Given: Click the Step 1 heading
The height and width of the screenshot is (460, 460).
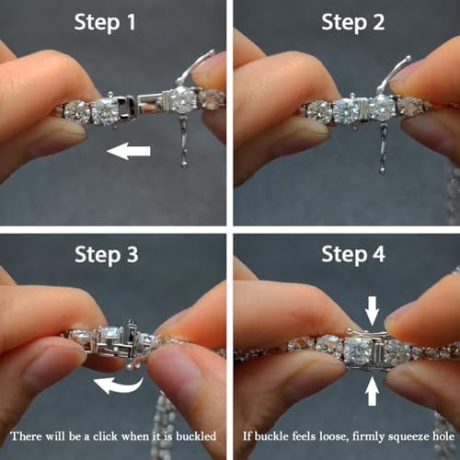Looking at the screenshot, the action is (x=105, y=23).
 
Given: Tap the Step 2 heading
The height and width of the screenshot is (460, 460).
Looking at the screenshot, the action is (x=352, y=23).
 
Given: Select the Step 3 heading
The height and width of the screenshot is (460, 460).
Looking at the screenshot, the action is (x=107, y=255).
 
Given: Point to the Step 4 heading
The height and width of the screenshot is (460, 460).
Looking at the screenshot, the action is (x=353, y=255).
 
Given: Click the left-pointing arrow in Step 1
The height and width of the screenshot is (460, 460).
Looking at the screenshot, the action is (x=128, y=151).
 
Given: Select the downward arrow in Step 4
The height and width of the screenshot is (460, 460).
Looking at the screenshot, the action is (x=372, y=310).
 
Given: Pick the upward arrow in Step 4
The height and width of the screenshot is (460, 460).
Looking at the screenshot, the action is (x=372, y=391).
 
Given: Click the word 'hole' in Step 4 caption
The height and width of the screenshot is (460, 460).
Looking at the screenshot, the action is (x=443, y=436).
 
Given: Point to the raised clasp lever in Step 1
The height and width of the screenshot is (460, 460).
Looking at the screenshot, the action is (x=193, y=68).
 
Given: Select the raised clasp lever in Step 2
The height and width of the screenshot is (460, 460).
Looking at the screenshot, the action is (x=393, y=75).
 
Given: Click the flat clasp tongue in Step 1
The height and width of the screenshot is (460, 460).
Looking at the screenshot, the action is (x=149, y=99).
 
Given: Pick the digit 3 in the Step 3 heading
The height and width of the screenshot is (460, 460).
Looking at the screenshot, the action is (x=132, y=255).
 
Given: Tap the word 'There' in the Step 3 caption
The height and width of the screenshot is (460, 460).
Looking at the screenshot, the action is (x=25, y=436).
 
